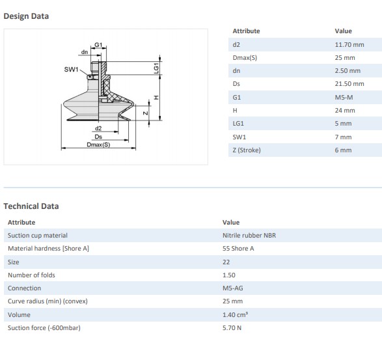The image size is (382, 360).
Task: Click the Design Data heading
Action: click(x=26, y=16)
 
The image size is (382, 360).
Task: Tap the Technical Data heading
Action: click(x=31, y=206)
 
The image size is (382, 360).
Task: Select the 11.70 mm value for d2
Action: click(x=349, y=45)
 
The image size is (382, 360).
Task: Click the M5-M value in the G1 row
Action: click(x=344, y=98)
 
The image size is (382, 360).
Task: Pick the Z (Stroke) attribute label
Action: click(x=247, y=150)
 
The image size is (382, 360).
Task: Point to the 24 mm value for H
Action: click(x=345, y=111)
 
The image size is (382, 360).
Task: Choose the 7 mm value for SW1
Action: click(x=343, y=137)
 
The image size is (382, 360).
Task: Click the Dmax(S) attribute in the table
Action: click(x=245, y=58)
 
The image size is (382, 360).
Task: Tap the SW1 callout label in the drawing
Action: click(x=71, y=70)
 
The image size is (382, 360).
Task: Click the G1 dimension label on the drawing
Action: click(x=98, y=45)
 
